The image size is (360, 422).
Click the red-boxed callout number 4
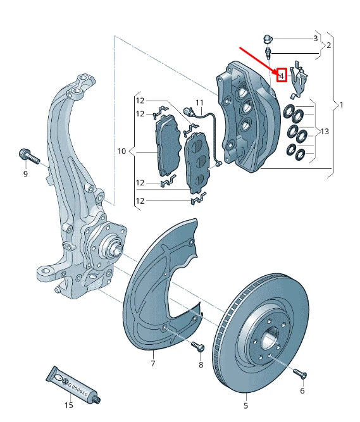282,76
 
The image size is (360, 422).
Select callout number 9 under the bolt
25,173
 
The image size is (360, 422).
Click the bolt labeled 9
27,154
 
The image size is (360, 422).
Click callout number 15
68,404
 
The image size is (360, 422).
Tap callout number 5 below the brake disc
246,405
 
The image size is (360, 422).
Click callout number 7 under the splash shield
152,364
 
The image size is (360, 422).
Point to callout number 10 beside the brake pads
121,151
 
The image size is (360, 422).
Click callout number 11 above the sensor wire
199,102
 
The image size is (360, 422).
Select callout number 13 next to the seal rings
325,132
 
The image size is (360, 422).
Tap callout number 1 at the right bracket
342,104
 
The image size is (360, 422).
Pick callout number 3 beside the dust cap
315,39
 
